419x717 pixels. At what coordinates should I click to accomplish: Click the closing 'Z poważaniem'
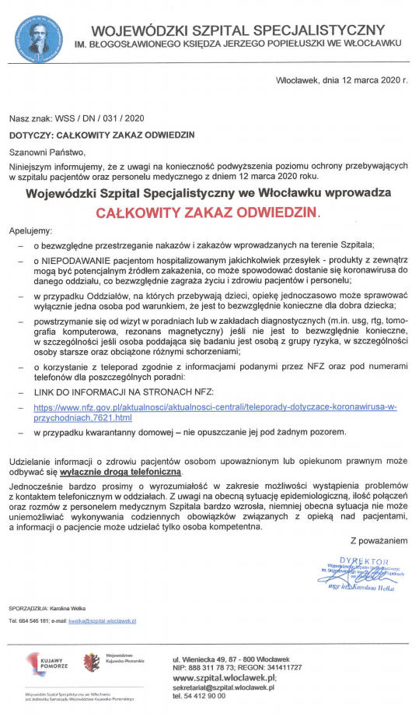(x=379, y=540)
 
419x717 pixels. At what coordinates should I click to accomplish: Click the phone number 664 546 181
(x=36, y=621)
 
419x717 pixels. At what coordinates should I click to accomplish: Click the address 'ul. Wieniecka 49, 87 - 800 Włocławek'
(x=236, y=659)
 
